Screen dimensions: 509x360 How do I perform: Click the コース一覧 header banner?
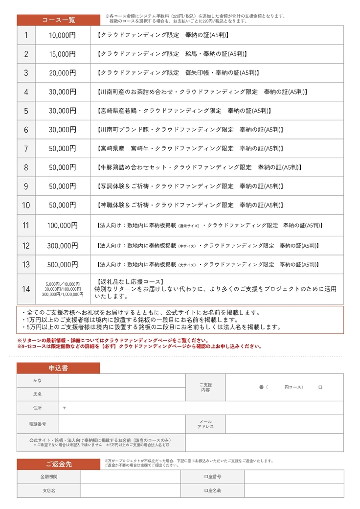[58, 20]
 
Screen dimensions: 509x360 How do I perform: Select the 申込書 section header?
[58, 368]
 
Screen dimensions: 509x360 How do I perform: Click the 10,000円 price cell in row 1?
[63, 35]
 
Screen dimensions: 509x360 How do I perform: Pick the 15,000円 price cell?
[63, 54]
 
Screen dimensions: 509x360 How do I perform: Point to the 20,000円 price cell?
[63, 73]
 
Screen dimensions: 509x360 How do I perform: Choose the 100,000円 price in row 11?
[63, 226]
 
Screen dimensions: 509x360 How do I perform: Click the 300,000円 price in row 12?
[63, 245]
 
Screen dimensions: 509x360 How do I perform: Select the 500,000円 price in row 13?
[63, 264]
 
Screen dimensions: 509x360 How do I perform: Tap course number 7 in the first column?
[26, 149]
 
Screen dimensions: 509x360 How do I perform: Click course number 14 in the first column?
[26, 289]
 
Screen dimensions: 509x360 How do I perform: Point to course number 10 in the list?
[26, 206]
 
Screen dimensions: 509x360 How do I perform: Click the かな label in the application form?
[37, 380]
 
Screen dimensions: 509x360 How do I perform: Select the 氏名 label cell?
[37, 394]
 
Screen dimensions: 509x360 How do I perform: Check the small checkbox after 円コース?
[320, 387]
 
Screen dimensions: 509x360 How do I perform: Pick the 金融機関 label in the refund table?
[49, 477]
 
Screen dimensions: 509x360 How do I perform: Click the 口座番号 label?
[212, 477]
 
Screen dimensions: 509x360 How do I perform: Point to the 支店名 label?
[49, 490]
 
